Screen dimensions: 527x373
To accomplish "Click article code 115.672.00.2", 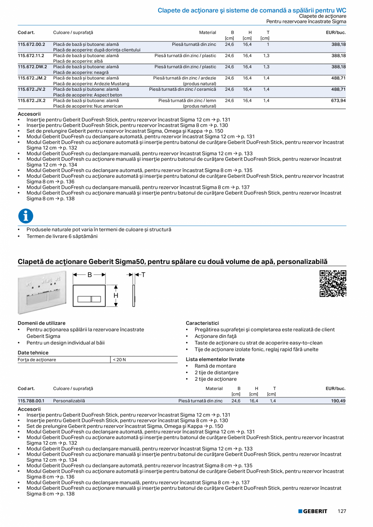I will pyautogui.click(x=31, y=44).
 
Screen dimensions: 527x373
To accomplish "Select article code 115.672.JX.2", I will pyautogui.click(x=32, y=100).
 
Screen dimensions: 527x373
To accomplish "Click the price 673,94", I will pyautogui.click(x=338, y=100).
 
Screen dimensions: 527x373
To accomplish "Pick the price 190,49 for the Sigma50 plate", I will pyautogui.click(x=338, y=401).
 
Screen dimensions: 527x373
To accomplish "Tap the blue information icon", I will pyautogui.click(x=26, y=216).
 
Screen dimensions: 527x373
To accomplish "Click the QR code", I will pyautogui.click(x=332, y=284).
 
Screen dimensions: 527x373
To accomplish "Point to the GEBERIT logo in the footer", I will pyautogui.click(x=313, y=511).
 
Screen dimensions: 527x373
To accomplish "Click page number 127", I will pyautogui.click(x=342, y=511).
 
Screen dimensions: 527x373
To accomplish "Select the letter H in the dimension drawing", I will pyautogui.click(x=116, y=296).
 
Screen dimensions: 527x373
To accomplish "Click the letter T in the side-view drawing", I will pyautogui.click(x=143, y=275).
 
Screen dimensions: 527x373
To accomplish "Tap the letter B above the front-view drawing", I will pyautogui.click(x=90, y=275).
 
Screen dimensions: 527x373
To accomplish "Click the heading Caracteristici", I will pyautogui.click(x=202, y=323).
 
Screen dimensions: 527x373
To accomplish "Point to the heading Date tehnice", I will pyautogui.click(x=33, y=352).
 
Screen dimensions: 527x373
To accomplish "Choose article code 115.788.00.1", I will pyautogui.click(x=31, y=401).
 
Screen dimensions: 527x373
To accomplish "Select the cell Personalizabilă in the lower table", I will pyautogui.click(x=69, y=401).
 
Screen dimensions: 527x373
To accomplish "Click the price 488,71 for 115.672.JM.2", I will pyautogui.click(x=338, y=78).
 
